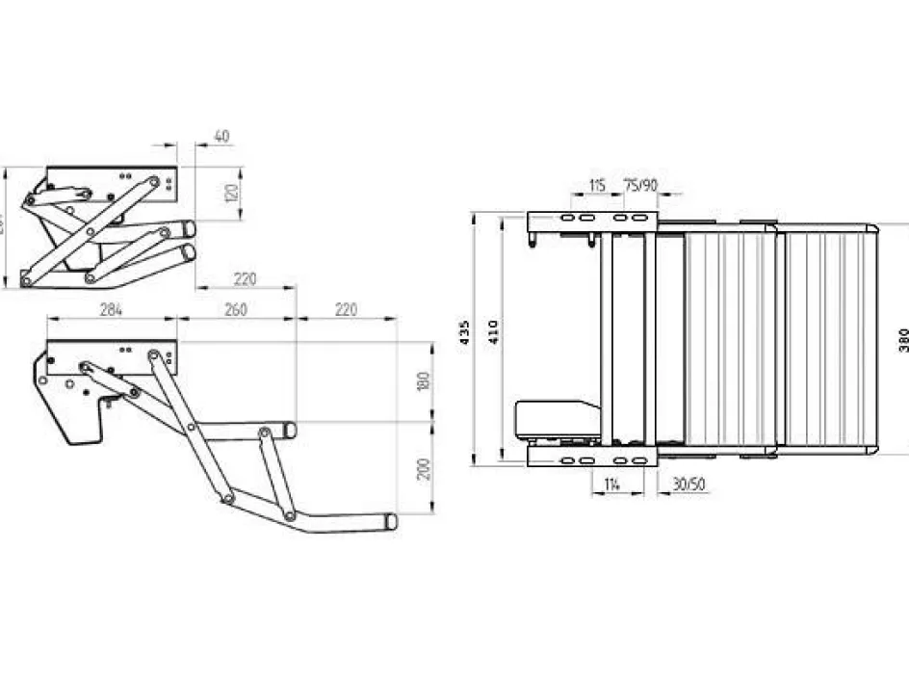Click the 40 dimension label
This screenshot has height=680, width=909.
221,138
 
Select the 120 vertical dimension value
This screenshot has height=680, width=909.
230,194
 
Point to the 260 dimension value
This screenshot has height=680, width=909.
236,310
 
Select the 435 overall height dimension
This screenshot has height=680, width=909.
466,332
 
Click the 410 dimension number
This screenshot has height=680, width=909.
494,332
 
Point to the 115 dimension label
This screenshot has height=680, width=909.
597,186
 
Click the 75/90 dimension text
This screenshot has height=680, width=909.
641,186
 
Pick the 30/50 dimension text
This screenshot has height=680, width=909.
688,485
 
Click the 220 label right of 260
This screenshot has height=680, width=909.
346,310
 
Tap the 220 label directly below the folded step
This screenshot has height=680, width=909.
246,279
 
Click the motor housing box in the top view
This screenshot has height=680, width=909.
556,420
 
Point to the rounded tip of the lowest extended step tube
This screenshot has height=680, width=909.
391,521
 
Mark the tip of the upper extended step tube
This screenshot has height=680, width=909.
290,431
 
